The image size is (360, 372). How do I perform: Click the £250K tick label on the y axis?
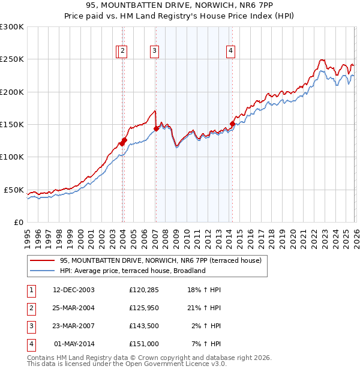coord(12,59)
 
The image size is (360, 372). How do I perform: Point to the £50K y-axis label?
coord(14,190)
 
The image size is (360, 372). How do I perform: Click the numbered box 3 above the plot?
coord(155,52)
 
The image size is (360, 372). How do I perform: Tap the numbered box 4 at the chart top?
coord(230,52)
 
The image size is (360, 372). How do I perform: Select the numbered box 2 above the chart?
coord(122,52)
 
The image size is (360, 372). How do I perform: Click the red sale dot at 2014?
coord(232,124)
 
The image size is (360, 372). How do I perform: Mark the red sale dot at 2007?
coord(156,128)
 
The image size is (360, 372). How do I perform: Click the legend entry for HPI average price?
coord(133,271)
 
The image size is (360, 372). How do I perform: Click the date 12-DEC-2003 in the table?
coord(74,290)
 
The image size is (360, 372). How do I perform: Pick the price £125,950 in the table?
coord(143,308)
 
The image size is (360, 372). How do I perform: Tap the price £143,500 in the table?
coord(143,326)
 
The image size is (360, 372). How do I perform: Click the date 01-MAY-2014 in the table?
coord(74,344)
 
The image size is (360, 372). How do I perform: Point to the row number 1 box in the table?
coord(30,290)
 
